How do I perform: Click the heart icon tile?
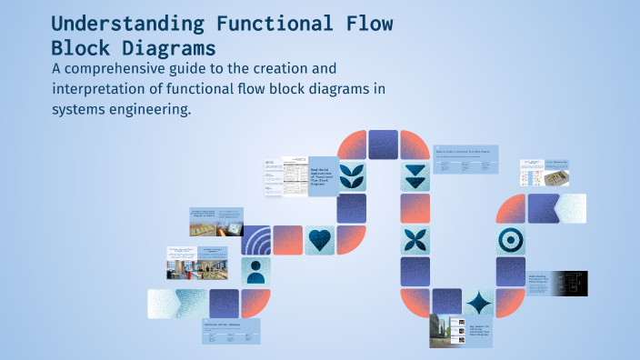pyautogui.click(x=319, y=240)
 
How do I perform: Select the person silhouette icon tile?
pyautogui.click(x=255, y=271)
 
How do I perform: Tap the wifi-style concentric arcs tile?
pyautogui.click(x=257, y=240)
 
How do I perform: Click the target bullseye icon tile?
pyautogui.click(x=510, y=240)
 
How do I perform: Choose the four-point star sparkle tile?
pyautogui.click(x=478, y=303)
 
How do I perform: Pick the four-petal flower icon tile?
pyautogui.click(x=415, y=240)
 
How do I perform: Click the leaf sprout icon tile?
pyautogui.click(x=351, y=176)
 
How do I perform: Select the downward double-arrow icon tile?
pyautogui.click(x=415, y=176)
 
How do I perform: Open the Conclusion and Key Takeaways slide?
pyautogui.click(x=231, y=331)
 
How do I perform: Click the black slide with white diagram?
pyautogui.click(x=573, y=284)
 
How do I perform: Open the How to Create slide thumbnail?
pyautogui.click(x=466, y=159)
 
